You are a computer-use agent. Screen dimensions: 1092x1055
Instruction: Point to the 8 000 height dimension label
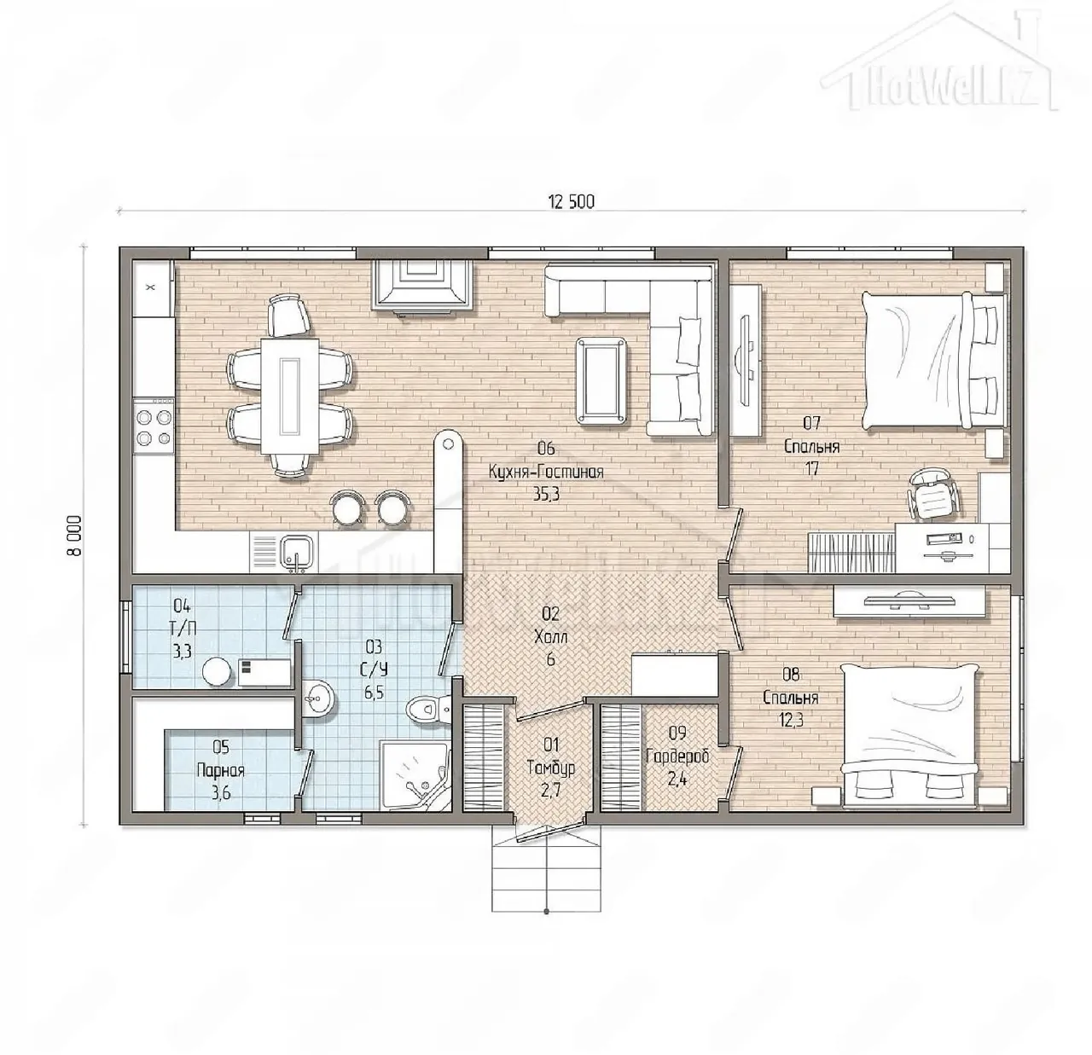[74, 535]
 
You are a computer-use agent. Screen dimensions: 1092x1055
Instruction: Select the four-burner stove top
[154, 427]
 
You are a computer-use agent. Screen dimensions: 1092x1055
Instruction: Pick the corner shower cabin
[415, 776]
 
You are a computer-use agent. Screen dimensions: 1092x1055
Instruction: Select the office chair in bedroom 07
[932, 492]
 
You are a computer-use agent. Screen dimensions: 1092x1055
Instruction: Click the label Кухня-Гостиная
[546, 472]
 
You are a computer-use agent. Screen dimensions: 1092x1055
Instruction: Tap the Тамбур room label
[551, 768]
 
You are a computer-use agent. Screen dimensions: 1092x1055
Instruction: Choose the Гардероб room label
[677, 756]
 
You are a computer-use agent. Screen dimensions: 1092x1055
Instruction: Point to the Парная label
[220, 771]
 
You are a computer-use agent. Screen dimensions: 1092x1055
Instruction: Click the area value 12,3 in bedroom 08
[790, 720]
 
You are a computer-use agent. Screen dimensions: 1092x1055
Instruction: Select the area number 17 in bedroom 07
[811, 468]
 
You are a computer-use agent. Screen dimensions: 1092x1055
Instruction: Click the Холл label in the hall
[550, 637]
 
